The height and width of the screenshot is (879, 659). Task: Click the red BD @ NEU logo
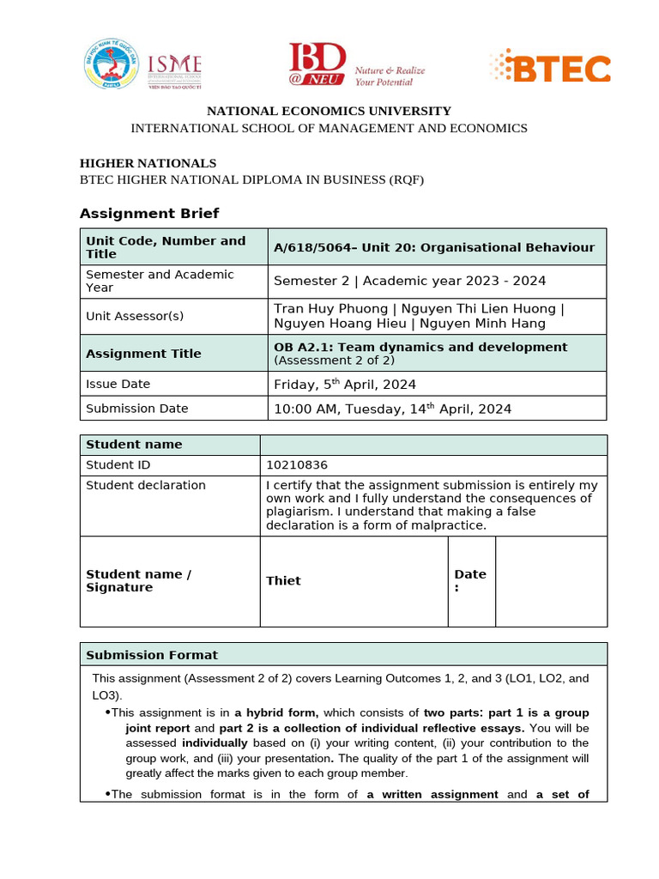coord(317,64)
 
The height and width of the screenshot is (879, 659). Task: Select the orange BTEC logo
coord(550,67)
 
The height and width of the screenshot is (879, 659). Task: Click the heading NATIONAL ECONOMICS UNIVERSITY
coord(329,111)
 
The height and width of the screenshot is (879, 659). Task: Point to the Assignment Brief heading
coord(149,213)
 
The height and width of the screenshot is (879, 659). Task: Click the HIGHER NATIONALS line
coord(148,163)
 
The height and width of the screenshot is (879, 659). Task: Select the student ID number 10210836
coord(297,465)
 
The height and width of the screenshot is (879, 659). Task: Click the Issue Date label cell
coord(118,384)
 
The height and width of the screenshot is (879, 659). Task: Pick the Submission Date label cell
coord(136,409)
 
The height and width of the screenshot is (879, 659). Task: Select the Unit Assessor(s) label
coord(135,316)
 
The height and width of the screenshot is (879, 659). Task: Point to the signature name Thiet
coord(283,581)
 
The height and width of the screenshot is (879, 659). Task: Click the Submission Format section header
coord(152,655)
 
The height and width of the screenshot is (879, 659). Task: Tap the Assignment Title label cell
coord(143,354)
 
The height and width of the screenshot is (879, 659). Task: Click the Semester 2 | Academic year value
coord(409,281)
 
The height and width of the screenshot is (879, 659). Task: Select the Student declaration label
coord(146,486)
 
